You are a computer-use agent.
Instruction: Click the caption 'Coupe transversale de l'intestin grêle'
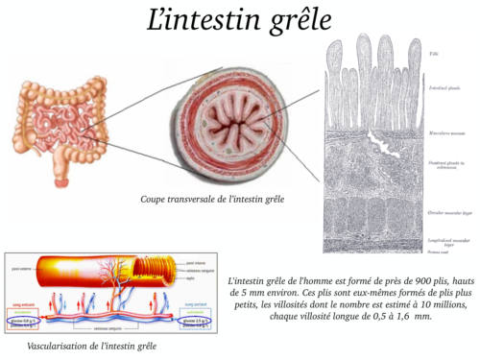coord(211,200)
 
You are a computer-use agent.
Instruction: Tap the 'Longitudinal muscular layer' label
coord(444,236)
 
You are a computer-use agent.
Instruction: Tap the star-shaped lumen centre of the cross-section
coord(212,129)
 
